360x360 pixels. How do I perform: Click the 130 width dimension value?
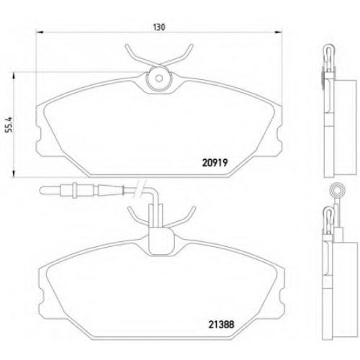159,27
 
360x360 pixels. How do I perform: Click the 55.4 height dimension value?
9,125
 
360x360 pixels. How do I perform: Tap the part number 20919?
215,163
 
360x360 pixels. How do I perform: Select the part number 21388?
221,325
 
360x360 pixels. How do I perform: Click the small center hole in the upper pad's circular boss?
159,78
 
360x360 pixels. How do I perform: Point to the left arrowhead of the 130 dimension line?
39,32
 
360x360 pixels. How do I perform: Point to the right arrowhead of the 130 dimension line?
279,32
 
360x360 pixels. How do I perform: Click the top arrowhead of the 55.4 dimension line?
14,76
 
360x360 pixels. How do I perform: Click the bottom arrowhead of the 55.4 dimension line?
14,174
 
